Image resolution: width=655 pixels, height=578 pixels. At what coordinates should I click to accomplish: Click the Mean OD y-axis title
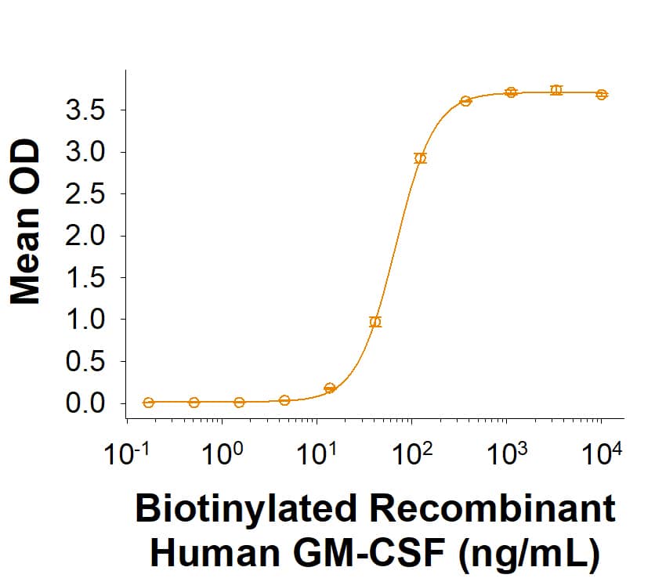[25, 222]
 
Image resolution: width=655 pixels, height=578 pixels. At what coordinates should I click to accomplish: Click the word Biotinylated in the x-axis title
[241, 510]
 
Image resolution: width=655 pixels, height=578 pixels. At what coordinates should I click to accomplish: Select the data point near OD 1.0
[375, 322]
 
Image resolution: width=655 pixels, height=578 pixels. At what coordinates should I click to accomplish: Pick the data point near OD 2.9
[421, 158]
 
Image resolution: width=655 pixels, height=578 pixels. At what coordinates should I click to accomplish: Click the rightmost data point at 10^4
[602, 95]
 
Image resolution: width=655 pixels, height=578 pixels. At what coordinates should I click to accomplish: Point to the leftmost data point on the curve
[149, 403]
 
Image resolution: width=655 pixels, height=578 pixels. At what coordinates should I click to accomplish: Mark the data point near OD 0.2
[330, 388]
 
